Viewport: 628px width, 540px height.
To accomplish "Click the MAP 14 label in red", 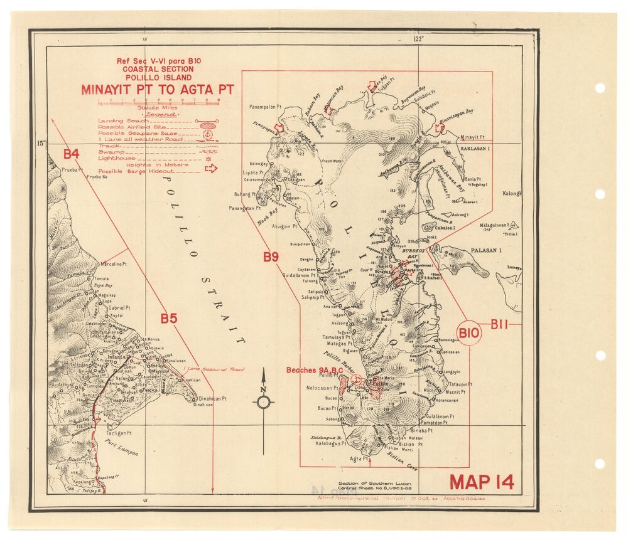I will click(482, 482).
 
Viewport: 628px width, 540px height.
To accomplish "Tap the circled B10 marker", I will click(468, 332).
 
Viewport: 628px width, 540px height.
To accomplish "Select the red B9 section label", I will click(271, 256).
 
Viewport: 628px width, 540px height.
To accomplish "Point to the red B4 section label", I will click(71, 153).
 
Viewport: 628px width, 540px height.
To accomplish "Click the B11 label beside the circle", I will click(499, 324).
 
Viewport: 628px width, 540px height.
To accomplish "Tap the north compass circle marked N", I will click(263, 402).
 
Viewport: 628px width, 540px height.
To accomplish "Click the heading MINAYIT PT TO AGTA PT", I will click(157, 90).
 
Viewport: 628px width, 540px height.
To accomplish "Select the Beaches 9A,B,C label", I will click(314, 371).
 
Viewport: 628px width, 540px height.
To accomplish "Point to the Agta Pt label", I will click(358, 459).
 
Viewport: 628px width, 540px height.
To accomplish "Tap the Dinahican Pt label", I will click(217, 398).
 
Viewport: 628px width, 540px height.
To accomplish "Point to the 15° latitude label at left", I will click(41, 143).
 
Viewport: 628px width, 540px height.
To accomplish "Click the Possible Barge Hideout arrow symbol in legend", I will click(210, 168).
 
